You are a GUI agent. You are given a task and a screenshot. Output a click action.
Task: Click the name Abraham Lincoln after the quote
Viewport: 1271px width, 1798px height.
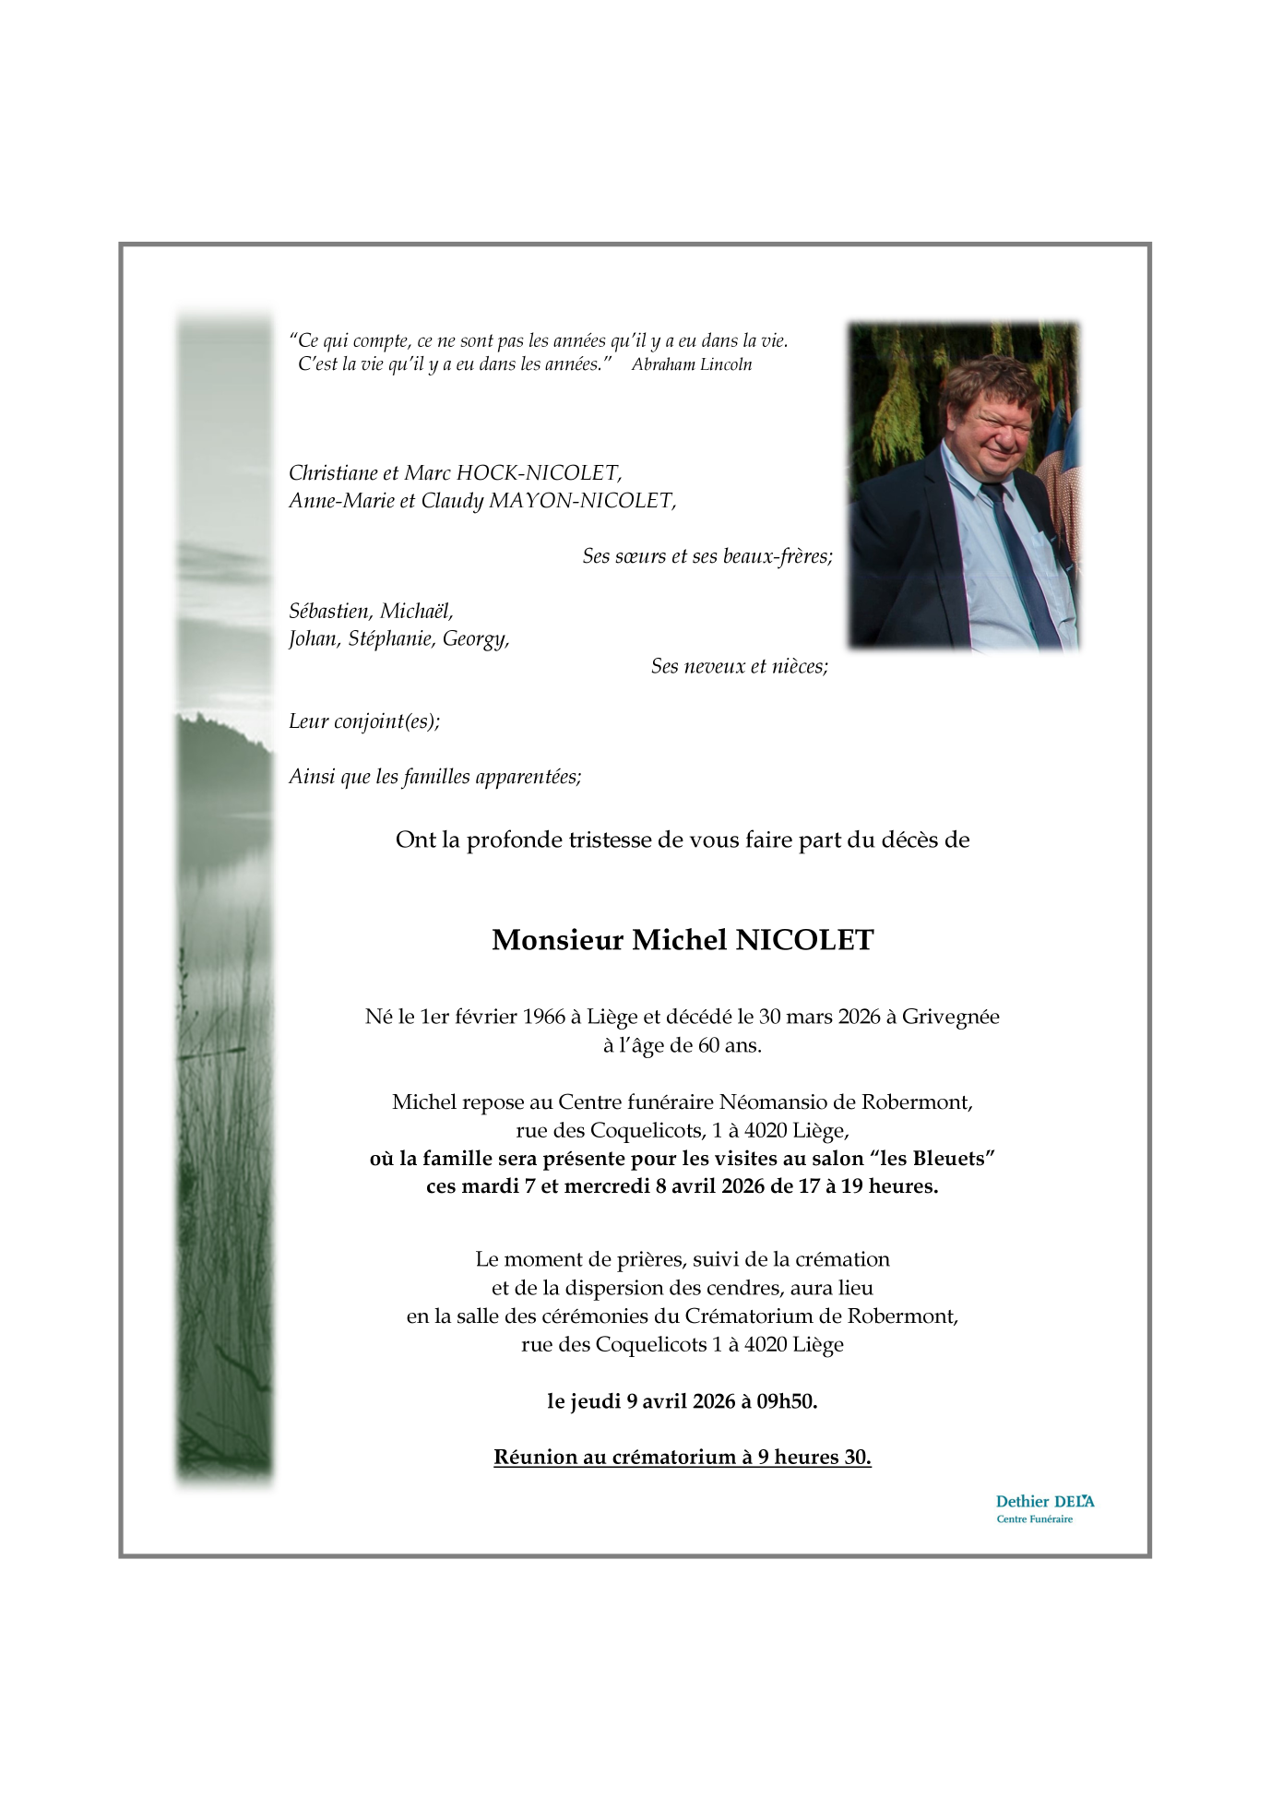[x=691, y=364]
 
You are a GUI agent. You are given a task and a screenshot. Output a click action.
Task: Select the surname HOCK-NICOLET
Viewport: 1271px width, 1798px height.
[x=539, y=473]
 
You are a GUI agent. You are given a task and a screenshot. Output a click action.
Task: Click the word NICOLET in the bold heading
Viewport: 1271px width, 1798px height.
[x=803, y=940]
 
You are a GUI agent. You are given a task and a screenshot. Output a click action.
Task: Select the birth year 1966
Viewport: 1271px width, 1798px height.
[x=543, y=1017]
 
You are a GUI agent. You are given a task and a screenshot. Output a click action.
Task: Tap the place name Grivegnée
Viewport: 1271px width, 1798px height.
[x=950, y=1017]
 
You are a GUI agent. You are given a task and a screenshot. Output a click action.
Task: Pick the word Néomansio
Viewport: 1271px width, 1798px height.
[x=767, y=1101]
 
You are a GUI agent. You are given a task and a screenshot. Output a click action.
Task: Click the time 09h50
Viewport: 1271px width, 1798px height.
[x=787, y=1401]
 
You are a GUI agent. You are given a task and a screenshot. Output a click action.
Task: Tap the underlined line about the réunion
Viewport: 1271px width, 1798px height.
[x=682, y=1458]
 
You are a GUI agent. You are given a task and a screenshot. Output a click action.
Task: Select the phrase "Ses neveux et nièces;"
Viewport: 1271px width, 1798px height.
[x=739, y=666]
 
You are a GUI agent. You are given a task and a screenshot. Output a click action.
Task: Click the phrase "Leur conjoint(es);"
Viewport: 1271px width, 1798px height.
[x=364, y=721]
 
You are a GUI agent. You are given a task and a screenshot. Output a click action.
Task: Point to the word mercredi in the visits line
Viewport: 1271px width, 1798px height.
[x=606, y=1186]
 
